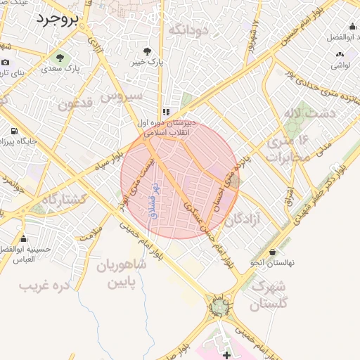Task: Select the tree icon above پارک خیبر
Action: coord(147,51)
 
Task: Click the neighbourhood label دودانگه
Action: coord(189,30)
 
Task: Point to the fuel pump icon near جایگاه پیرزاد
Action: coord(13,131)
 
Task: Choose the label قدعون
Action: coord(76,105)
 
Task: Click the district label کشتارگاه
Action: coord(63,200)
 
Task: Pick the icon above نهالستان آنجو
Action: coord(272,252)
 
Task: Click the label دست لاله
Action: coord(301,113)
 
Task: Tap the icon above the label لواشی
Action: coord(340,53)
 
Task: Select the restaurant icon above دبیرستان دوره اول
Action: coord(165,112)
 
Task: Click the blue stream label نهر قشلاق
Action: coord(153,199)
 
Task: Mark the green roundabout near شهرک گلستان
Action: coord(219,307)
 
